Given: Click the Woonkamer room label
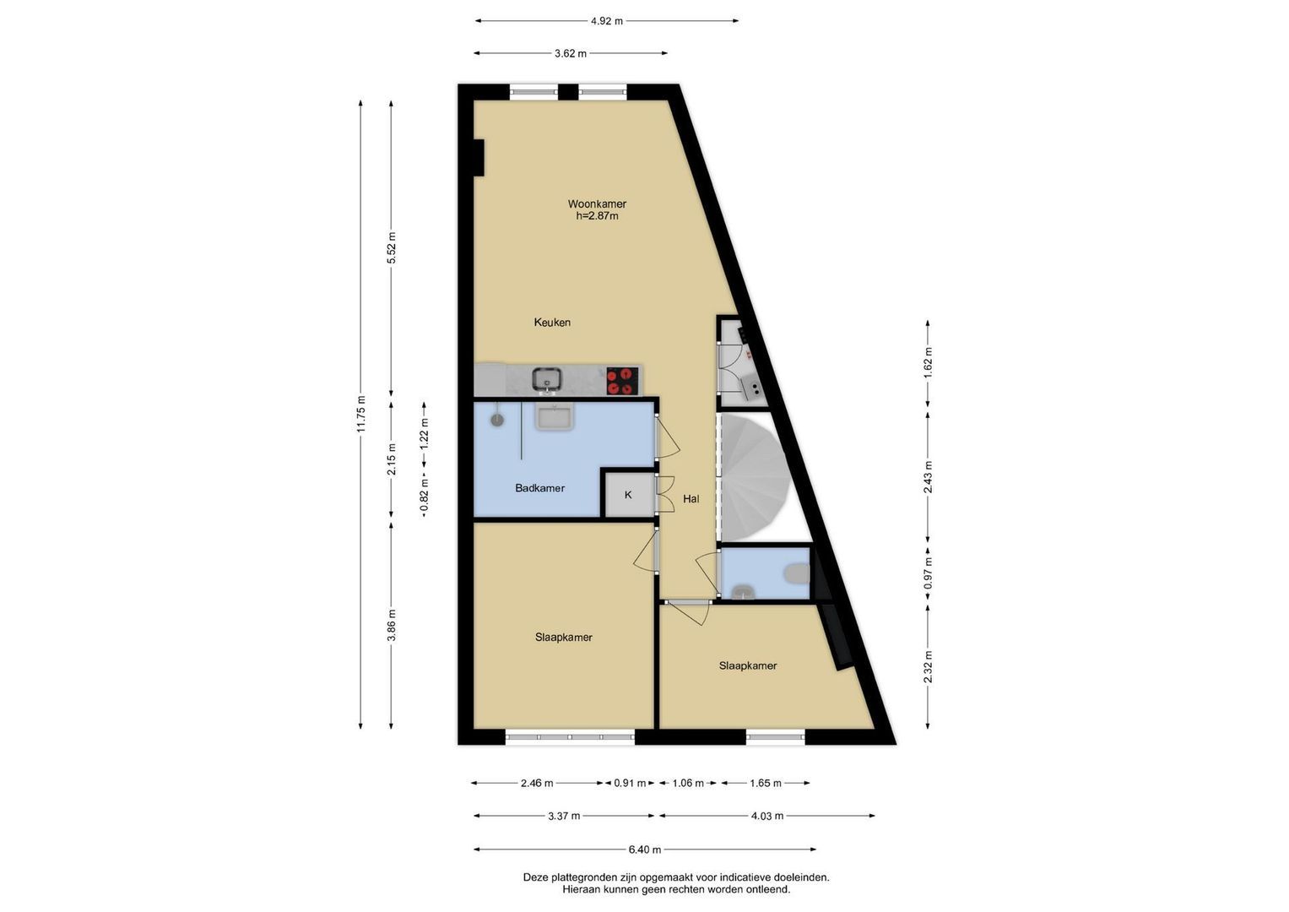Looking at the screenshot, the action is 597,204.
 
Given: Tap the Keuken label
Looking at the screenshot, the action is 552,323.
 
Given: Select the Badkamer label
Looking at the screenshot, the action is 539,488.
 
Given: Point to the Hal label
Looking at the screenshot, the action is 691,499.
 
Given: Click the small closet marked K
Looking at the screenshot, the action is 628,494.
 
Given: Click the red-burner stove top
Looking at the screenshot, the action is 622,381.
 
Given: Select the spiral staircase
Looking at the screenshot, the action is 755,478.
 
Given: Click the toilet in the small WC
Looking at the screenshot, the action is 797,574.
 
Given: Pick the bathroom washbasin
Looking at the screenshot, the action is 554,415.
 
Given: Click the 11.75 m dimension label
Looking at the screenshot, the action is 360,415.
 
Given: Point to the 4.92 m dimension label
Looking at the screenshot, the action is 607,21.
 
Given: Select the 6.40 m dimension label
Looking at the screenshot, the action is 645,850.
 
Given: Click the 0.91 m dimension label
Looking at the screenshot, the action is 630,783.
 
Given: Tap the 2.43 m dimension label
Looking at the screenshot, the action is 928,477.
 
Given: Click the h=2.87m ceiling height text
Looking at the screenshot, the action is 597,216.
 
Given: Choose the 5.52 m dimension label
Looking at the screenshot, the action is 392,247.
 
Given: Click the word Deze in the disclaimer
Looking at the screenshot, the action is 535,878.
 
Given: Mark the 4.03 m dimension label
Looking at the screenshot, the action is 767,816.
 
